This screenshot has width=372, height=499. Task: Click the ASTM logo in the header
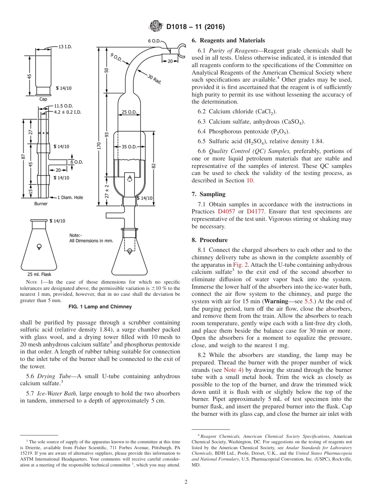[x=156, y=27]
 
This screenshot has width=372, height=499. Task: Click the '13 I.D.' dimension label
[x=65, y=47]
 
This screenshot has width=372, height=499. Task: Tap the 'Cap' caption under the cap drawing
[x=43, y=99]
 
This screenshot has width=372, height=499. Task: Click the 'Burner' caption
[x=41, y=204]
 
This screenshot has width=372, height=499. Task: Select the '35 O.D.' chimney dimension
[x=129, y=147]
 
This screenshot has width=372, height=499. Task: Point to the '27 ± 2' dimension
[x=107, y=191]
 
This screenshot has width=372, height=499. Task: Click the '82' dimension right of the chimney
[x=154, y=165]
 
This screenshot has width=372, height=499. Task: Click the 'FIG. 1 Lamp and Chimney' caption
[x=100, y=307]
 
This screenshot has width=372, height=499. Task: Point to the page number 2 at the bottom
[x=186, y=482]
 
